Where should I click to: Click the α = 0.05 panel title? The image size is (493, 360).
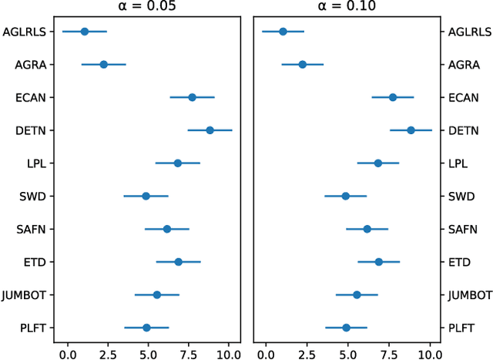146,7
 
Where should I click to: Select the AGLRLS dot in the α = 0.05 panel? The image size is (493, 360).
84,32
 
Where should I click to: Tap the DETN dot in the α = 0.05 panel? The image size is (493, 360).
210,130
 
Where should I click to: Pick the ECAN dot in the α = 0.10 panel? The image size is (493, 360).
393,97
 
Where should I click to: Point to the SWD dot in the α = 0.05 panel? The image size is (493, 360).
146,196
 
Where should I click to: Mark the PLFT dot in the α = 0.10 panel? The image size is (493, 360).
346,328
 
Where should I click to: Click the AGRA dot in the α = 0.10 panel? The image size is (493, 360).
302,64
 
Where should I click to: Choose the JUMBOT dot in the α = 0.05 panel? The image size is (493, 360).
156,294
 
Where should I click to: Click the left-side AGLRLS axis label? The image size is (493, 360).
25,32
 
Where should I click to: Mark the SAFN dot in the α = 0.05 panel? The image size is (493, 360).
166,229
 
